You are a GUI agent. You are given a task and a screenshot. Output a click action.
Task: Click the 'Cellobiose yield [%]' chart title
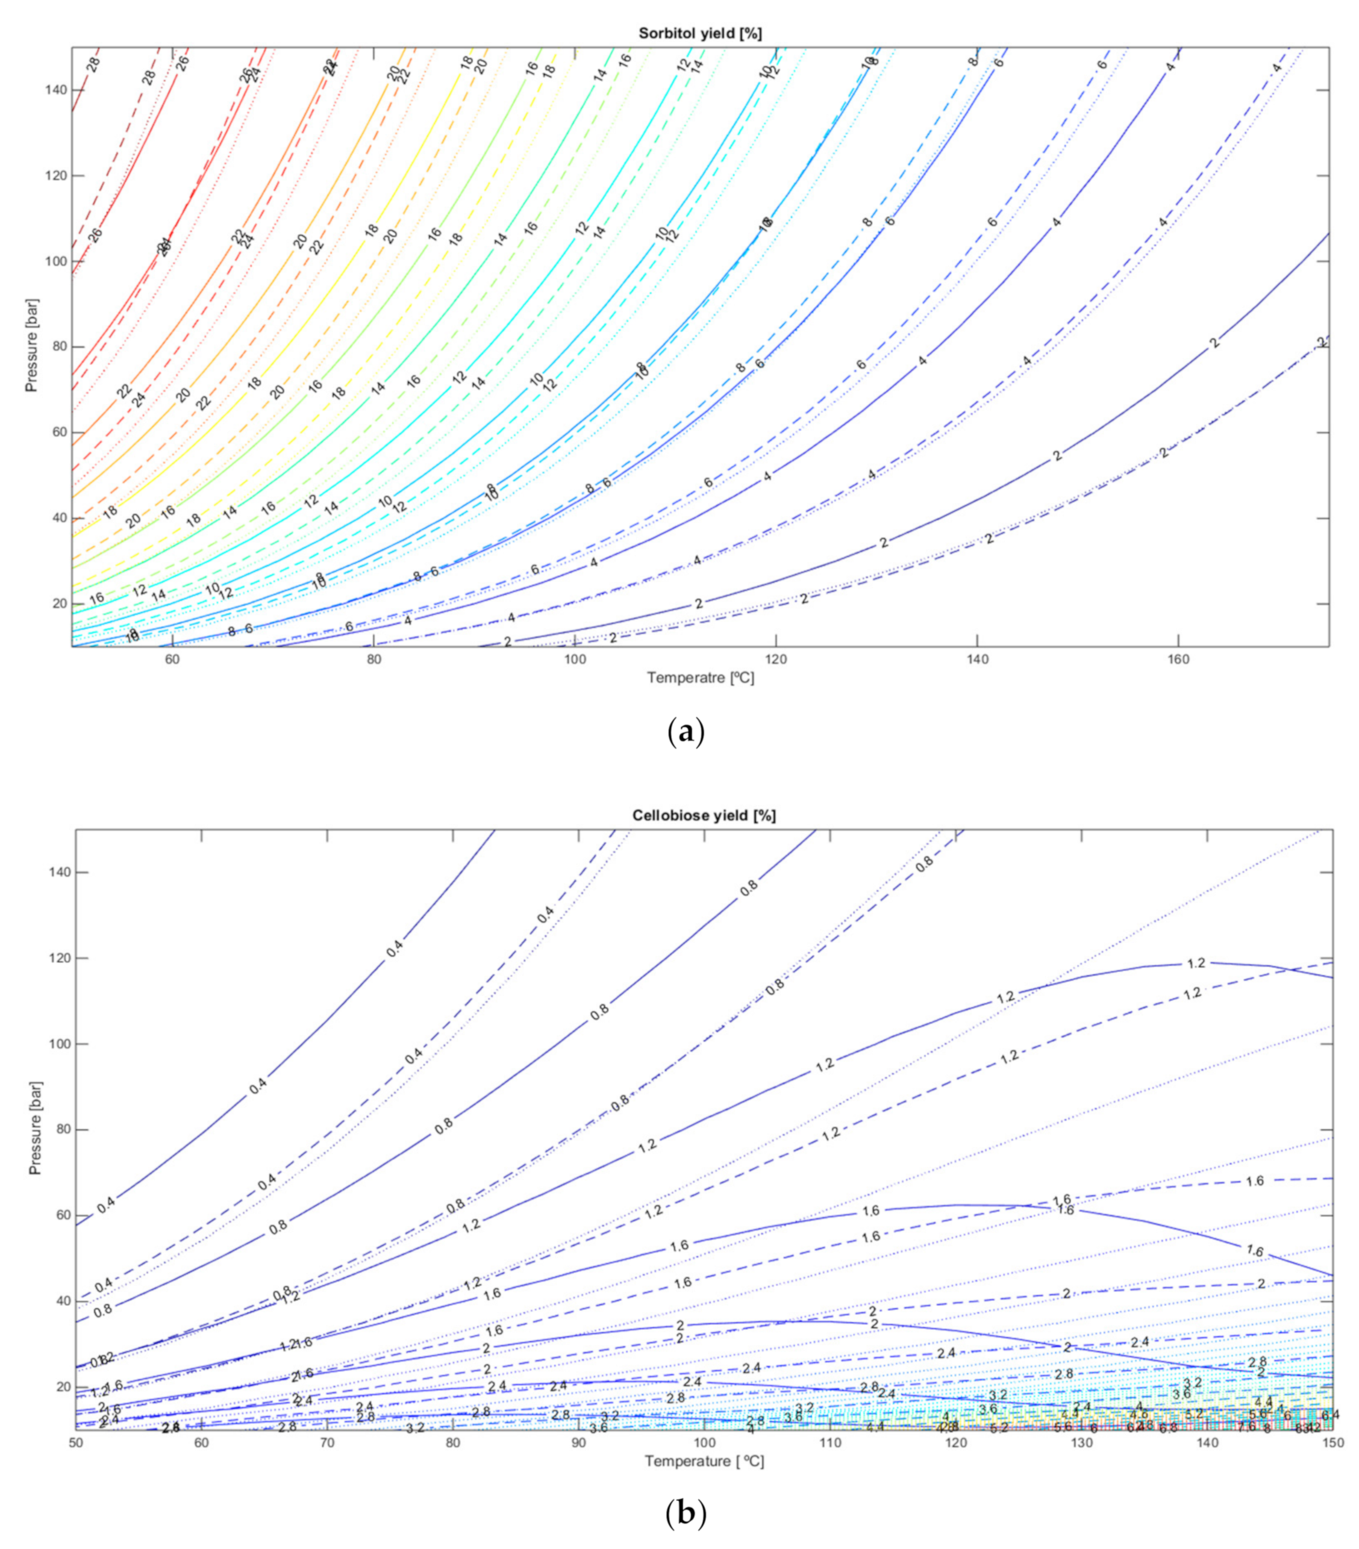click(704, 815)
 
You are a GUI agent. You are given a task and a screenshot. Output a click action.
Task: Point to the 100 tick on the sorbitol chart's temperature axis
click(575, 659)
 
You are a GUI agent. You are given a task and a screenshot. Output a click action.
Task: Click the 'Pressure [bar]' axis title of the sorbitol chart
click(31, 347)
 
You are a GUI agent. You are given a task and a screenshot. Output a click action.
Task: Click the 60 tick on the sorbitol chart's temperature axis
click(172, 659)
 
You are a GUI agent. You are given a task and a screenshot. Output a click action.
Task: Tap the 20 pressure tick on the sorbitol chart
click(56, 604)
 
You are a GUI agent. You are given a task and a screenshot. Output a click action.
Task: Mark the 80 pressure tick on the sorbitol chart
click(56, 347)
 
